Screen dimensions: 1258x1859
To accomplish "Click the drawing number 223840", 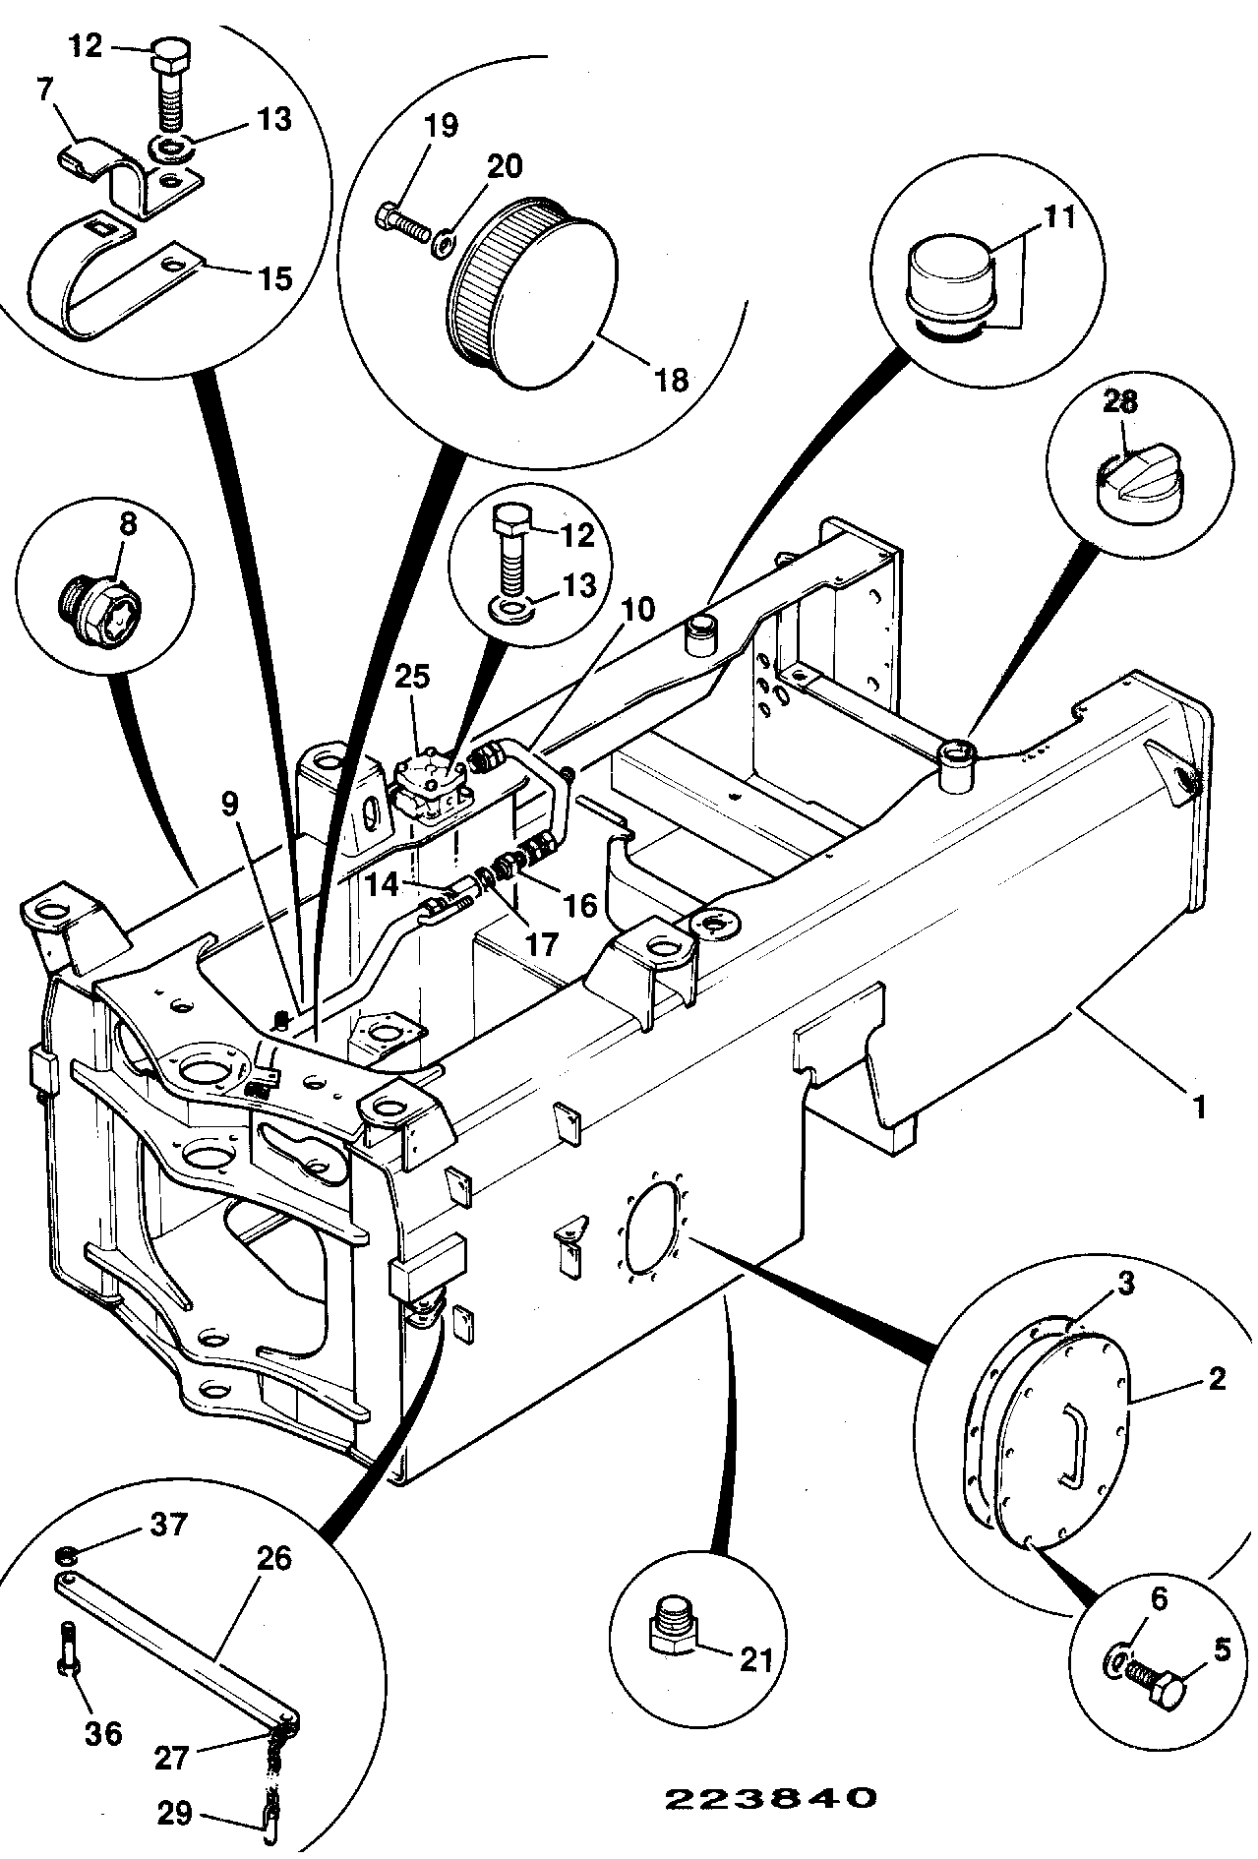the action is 770,1798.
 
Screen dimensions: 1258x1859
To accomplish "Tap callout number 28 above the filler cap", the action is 1119,400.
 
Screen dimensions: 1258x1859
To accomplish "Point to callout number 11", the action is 1058,215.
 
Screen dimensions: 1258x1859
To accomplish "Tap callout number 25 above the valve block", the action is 413,677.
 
